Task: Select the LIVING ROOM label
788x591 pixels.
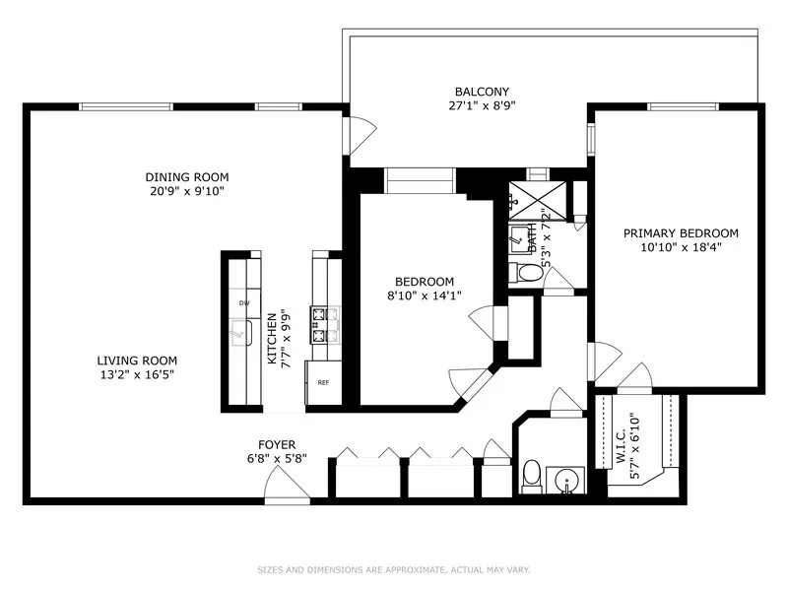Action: (137, 361)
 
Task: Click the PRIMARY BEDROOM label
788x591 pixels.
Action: (680, 233)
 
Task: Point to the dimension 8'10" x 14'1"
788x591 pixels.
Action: (425, 295)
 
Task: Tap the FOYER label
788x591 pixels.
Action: (277, 445)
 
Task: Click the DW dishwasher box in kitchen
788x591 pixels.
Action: (242, 303)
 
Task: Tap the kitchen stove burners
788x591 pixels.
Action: (323, 325)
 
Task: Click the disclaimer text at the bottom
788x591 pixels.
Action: (393, 569)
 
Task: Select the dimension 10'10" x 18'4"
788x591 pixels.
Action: (680, 248)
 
